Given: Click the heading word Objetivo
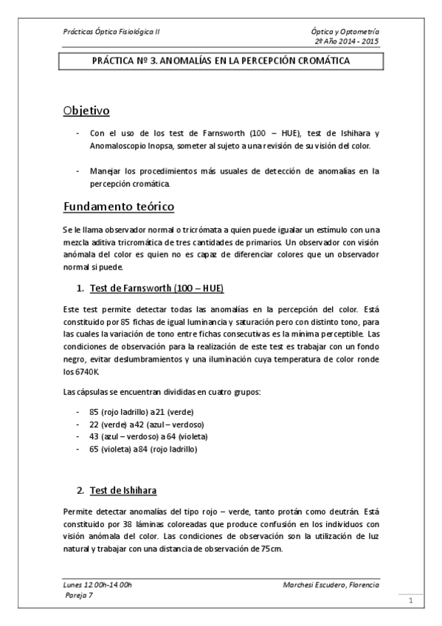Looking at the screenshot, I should [86, 111].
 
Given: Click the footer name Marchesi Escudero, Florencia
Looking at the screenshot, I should [331, 585].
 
